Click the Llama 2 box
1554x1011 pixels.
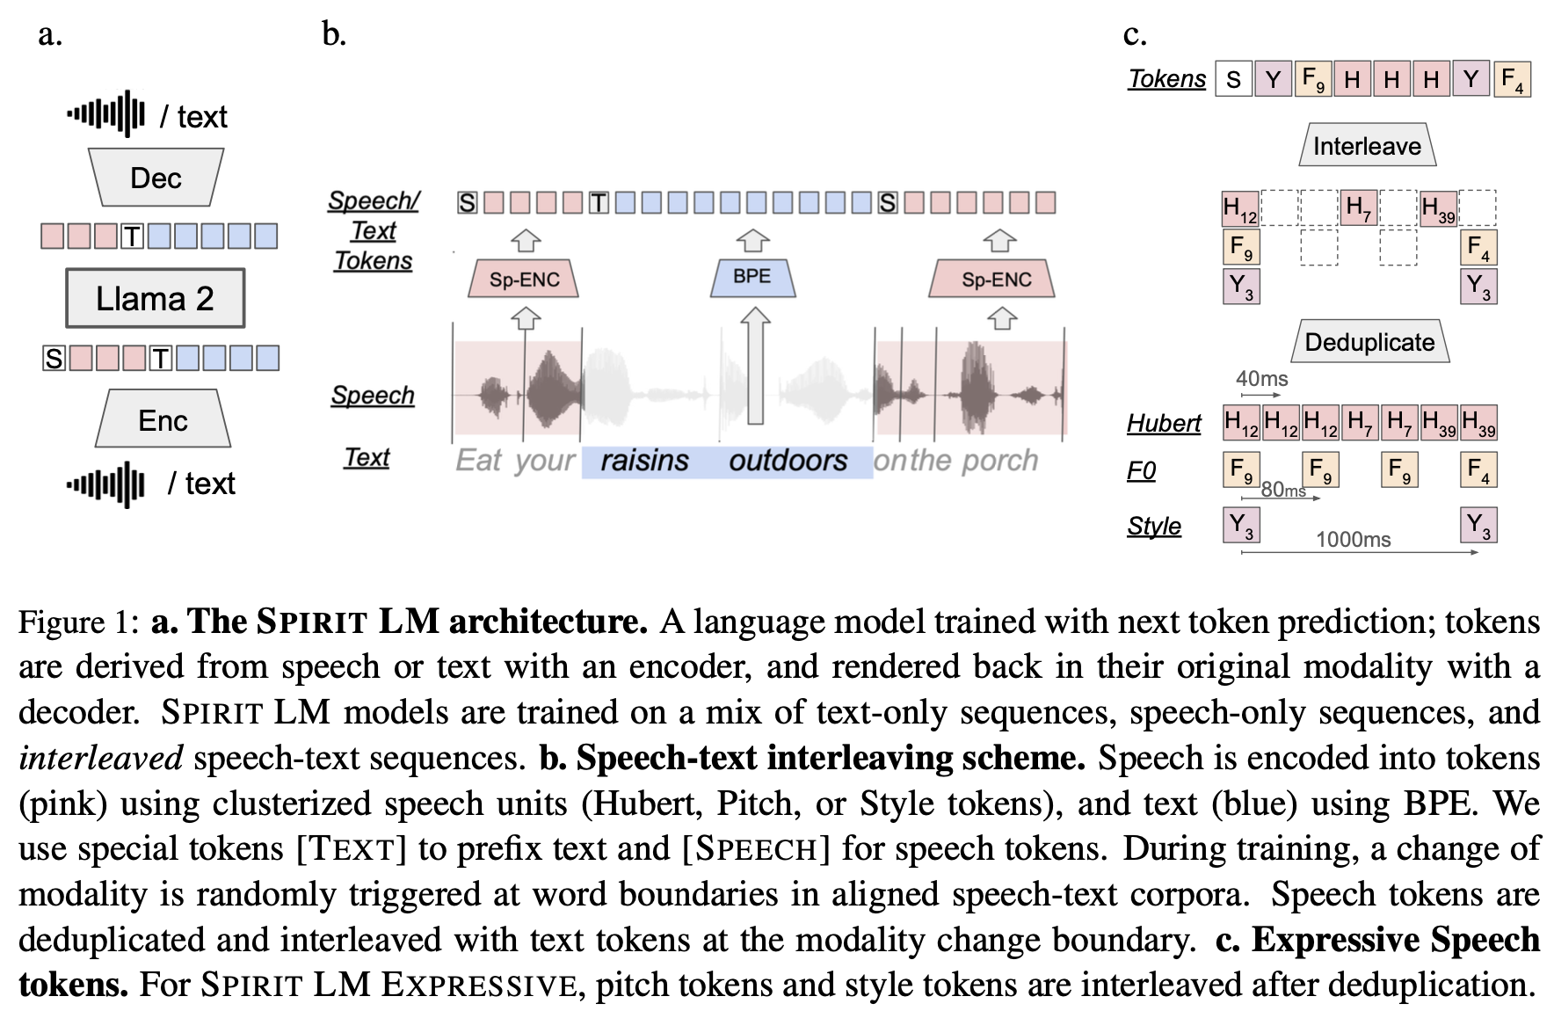pos(155,299)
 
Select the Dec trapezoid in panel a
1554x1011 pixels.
pos(156,178)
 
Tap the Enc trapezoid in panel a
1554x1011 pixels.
pos(163,420)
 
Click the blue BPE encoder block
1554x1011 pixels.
pos(752,277)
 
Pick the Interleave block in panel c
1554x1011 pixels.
pos(1367,146)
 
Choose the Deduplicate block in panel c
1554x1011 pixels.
pos(1369,342)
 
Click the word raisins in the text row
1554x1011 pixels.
pos(644,461)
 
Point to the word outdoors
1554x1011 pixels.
pos(788,461)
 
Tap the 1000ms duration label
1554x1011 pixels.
pos(1353,540)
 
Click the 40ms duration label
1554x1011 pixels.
pos(1261,379)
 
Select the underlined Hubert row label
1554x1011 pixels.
pos(1164,424)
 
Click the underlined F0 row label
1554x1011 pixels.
pos(1141,471)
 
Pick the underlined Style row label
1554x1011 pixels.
pos(1153,527)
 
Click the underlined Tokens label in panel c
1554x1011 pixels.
pos(1166,79)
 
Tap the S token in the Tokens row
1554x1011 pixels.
pos(1233,79)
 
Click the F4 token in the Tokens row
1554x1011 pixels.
pos(1512,79)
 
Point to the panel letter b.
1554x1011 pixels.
pos(334,34)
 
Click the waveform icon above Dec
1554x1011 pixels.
pos(106,114)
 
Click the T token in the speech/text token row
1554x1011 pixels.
pos(599,203)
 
